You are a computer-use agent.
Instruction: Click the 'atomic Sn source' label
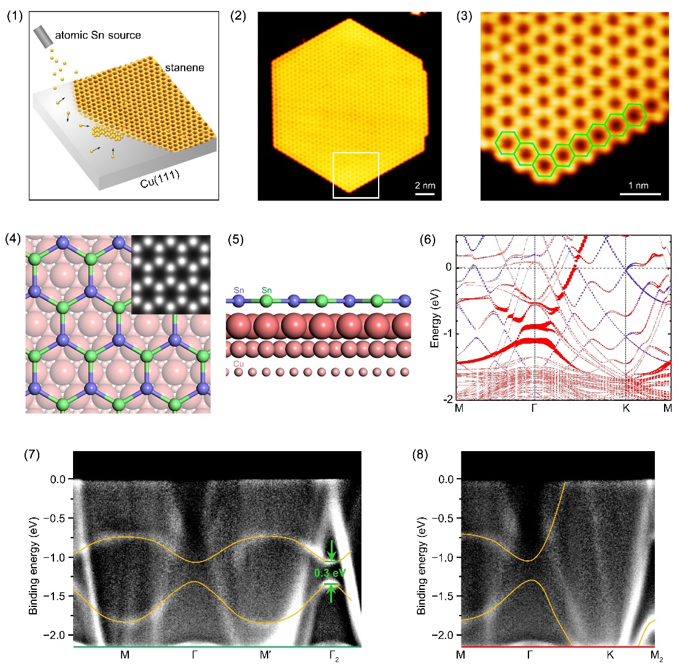tap(98, 35)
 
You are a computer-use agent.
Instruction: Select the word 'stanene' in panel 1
tap(184, 68)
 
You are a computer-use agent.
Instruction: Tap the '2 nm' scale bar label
tap(425, 185)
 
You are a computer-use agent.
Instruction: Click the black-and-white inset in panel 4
tap(171, 274)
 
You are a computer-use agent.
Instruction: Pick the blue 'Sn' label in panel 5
tap(239, 289)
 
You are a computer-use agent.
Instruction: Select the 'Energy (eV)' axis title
tap(435, 317)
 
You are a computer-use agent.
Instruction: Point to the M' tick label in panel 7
tap(266, 655)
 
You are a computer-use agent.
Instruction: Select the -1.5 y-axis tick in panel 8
tap(441, 596)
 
